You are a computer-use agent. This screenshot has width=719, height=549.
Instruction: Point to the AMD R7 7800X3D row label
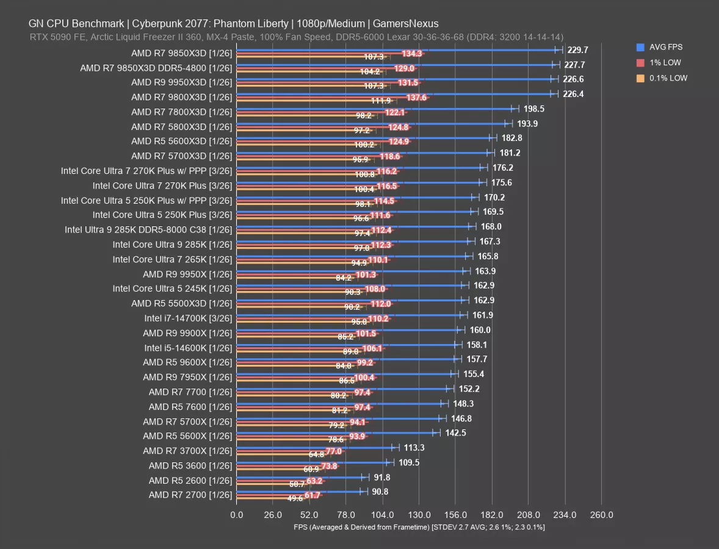pyautogui.click(x=181, y=112)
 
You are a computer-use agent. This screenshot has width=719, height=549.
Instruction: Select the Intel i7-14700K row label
pyautogui.click(x=188, y=318)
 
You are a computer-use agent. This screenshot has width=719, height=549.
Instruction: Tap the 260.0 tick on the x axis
pyautogui.click(x=601, y=515)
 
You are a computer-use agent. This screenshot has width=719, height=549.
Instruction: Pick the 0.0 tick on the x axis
pyautogui.click(x=237, y=515)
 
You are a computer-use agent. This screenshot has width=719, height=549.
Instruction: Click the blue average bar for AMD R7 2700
pyautogui.click(x=299, y=491)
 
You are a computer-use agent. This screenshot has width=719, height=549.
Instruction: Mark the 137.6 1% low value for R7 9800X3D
pyautogui.click(x=416, y=98)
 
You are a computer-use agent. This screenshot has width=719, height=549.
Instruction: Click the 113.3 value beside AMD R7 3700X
pyautogui.click(x=414, y=448)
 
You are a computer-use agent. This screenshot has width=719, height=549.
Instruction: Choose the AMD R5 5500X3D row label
pyautogui.click(x=181, y=303)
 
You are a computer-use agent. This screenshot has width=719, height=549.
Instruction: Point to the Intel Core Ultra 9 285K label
pyautogui.click(x=172, y=244)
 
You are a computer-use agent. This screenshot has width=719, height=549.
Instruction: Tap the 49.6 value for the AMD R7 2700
pyautogui.click(x=295, y=498)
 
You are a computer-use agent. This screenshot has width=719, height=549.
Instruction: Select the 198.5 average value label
pyautogui.click(x=534, y=109)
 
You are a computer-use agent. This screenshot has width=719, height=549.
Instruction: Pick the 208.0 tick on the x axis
pyautogui.click(x=528, y=515)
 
